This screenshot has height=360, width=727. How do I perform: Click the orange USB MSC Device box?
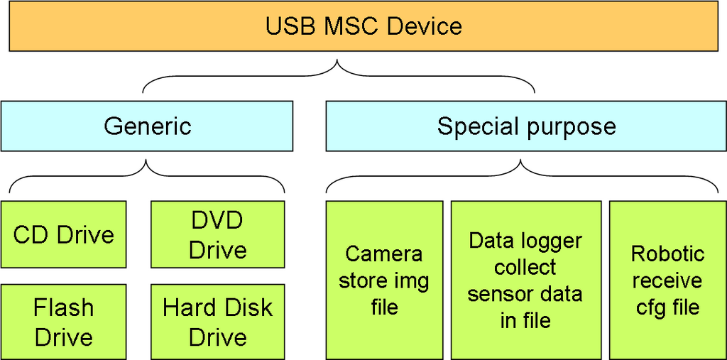[x=363, y=27]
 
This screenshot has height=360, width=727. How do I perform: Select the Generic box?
[x=147, y=126]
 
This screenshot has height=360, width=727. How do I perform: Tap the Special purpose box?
[x=526, y=126]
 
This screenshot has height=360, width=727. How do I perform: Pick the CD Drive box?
[x=64, y=235]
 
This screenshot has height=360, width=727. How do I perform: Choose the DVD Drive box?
[x=218, y=235]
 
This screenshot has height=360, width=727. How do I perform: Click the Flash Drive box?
[x=64, y=322]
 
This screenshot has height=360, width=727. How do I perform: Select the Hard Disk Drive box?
[x=218, y=322]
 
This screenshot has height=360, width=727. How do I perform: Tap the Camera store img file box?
[x=384, y=280]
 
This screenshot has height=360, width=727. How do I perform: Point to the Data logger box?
[x=525, y=280]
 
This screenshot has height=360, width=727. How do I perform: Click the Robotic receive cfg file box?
[x=667, y=280]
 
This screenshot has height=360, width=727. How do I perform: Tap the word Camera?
[x=384, y=253]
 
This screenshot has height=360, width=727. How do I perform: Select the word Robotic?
[x=667, y=253]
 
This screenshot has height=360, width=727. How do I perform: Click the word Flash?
[x=64, y=307]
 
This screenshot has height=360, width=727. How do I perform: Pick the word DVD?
[x=218, y=220]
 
